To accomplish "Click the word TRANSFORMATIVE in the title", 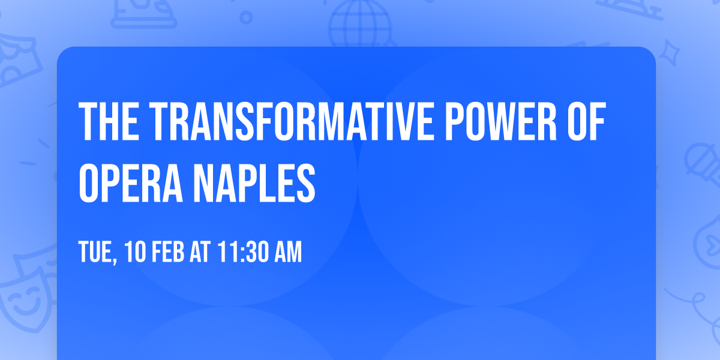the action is [x=290, y=121].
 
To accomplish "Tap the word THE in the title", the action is [x=109, y=121].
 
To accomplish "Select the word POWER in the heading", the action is [x=501, y=121].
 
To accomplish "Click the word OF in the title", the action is [x=587, y=121].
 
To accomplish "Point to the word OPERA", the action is [x=131, y=183].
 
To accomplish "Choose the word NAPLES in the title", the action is [x=254, y=183].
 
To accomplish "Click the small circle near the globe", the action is [x=246, y=17].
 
